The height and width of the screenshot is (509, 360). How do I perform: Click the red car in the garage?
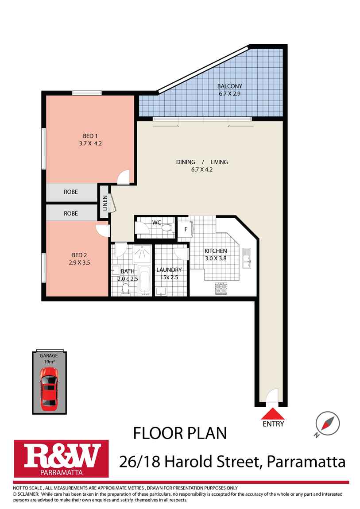pos(49,387)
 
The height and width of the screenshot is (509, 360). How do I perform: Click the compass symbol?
pos(328,423)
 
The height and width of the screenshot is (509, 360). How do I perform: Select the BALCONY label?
pos(229,86)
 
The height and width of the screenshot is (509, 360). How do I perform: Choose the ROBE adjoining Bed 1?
pos(71,192)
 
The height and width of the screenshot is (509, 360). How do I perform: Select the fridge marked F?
pos(185,229)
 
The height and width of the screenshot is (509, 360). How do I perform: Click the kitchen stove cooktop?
pos(221,288)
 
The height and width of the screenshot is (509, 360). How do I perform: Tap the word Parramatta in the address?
pos(305,462)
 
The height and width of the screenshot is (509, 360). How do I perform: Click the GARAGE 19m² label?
pos(49,359)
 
